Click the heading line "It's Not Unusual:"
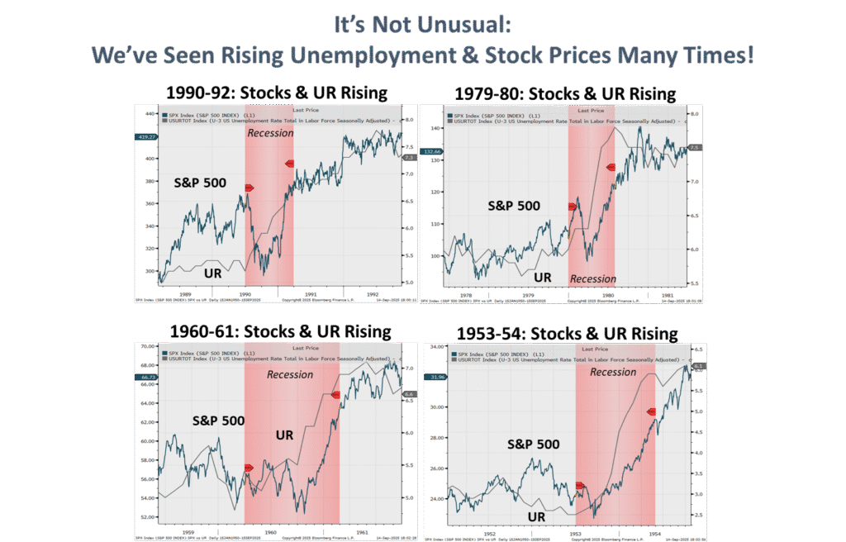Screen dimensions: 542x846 422,26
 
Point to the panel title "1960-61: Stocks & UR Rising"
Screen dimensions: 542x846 280,331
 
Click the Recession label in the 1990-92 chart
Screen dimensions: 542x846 270,132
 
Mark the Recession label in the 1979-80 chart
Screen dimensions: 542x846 593,278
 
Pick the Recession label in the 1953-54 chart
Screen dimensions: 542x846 613,372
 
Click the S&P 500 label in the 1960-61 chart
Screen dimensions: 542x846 218,421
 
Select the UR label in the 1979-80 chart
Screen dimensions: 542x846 542,278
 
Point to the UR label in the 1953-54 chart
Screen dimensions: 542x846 536,517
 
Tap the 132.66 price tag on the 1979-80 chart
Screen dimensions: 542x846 430,151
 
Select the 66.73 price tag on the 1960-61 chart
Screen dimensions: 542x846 145,378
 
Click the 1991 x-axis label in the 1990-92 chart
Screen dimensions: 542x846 311,292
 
